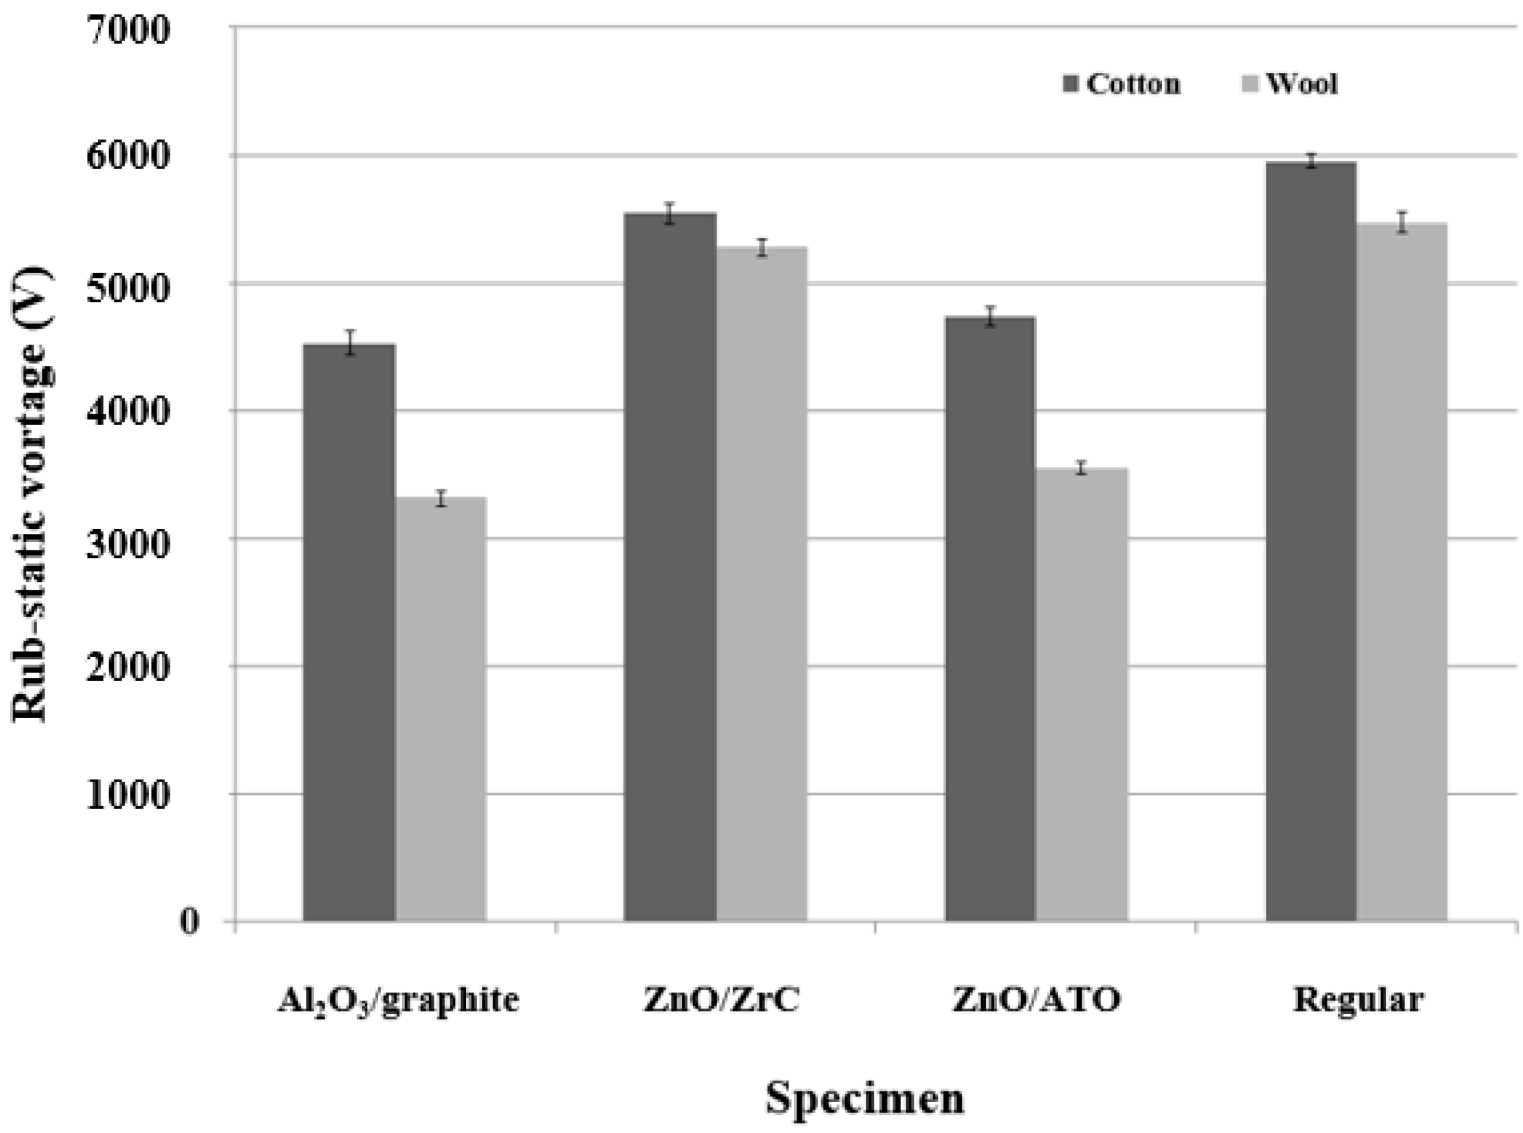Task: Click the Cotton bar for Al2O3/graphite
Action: (x=349, y=631)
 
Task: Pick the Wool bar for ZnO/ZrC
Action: (x=761, y=583)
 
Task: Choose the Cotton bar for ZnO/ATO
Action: (x=990, y=617)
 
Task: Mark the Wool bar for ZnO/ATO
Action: (x=1082, y=693)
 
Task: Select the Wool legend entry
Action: (x=1292, y=84)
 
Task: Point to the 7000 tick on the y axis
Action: (x=127, y=30)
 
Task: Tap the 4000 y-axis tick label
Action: (x=127, y=412)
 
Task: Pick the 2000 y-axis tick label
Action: (x=127, y=667)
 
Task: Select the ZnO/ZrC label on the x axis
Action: (x=721, y=1001)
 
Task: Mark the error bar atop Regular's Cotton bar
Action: (x=1310, y=161)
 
